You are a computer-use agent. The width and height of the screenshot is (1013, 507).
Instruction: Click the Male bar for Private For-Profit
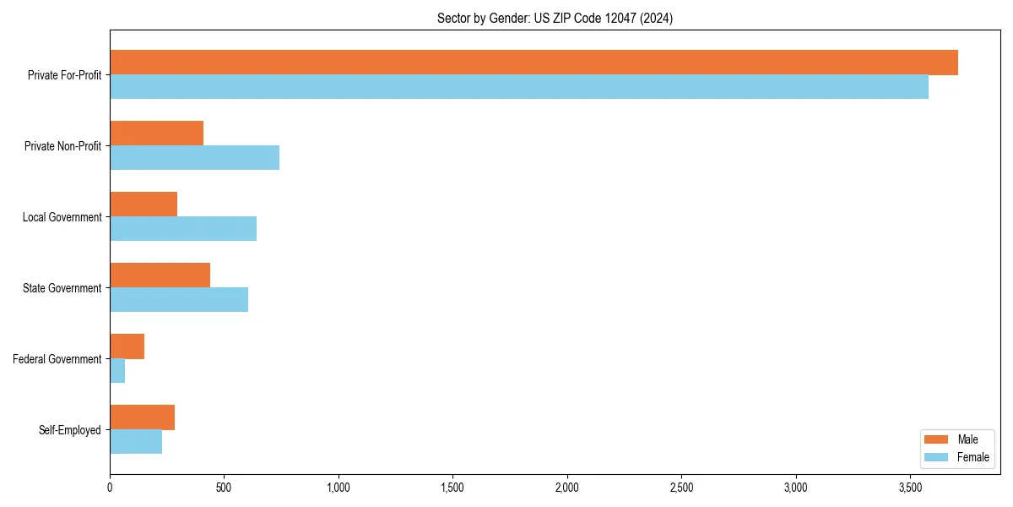coord(534,63)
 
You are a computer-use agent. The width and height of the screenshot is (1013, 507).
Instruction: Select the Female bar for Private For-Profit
coord(519,87)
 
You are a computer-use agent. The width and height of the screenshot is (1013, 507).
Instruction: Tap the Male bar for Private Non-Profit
coord(157,134)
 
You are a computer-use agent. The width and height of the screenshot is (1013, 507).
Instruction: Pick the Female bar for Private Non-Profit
coord(194,158)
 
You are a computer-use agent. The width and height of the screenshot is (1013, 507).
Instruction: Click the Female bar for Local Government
coord(183,229)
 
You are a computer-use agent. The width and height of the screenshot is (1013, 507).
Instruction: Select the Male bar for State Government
coord(160,275)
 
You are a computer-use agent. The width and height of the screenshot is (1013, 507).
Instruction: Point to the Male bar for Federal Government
coord(127,346)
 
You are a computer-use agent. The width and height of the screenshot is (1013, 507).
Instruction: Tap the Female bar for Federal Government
coord(117,371)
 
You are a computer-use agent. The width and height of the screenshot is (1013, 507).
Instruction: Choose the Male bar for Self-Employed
coord(143,417)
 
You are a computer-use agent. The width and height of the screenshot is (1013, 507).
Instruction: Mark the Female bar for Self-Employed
coord(136,442)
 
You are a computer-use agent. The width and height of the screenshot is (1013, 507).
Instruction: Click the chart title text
coord(555,18)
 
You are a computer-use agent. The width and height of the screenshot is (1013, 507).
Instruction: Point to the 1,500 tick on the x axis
coord(452,488)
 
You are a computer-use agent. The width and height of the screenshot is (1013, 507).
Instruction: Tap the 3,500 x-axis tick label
coord(910,488)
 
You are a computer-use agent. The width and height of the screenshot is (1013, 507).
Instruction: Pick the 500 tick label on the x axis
coord(224,488)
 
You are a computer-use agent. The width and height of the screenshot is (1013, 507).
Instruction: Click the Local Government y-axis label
coord(62,217)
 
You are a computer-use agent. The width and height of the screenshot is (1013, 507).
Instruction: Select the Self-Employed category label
coord(70,430)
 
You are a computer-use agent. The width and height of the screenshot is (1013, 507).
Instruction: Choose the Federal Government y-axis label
coord(57,359)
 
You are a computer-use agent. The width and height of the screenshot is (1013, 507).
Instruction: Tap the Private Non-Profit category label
coord(63,146)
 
